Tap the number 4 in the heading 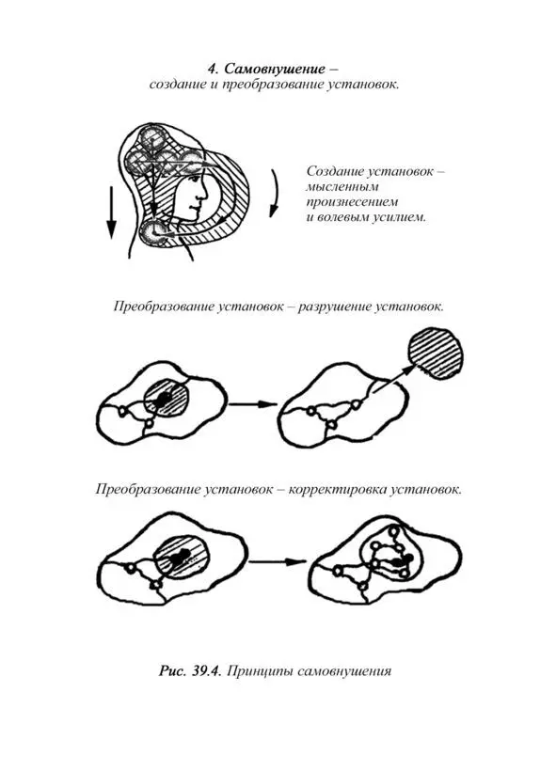213,69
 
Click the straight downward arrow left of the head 112,212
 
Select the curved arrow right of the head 275,193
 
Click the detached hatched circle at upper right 435,354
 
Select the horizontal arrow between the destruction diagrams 252,404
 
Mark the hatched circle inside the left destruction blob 167,399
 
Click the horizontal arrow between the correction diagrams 275,561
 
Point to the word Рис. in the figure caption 172,672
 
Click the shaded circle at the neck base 155,231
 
